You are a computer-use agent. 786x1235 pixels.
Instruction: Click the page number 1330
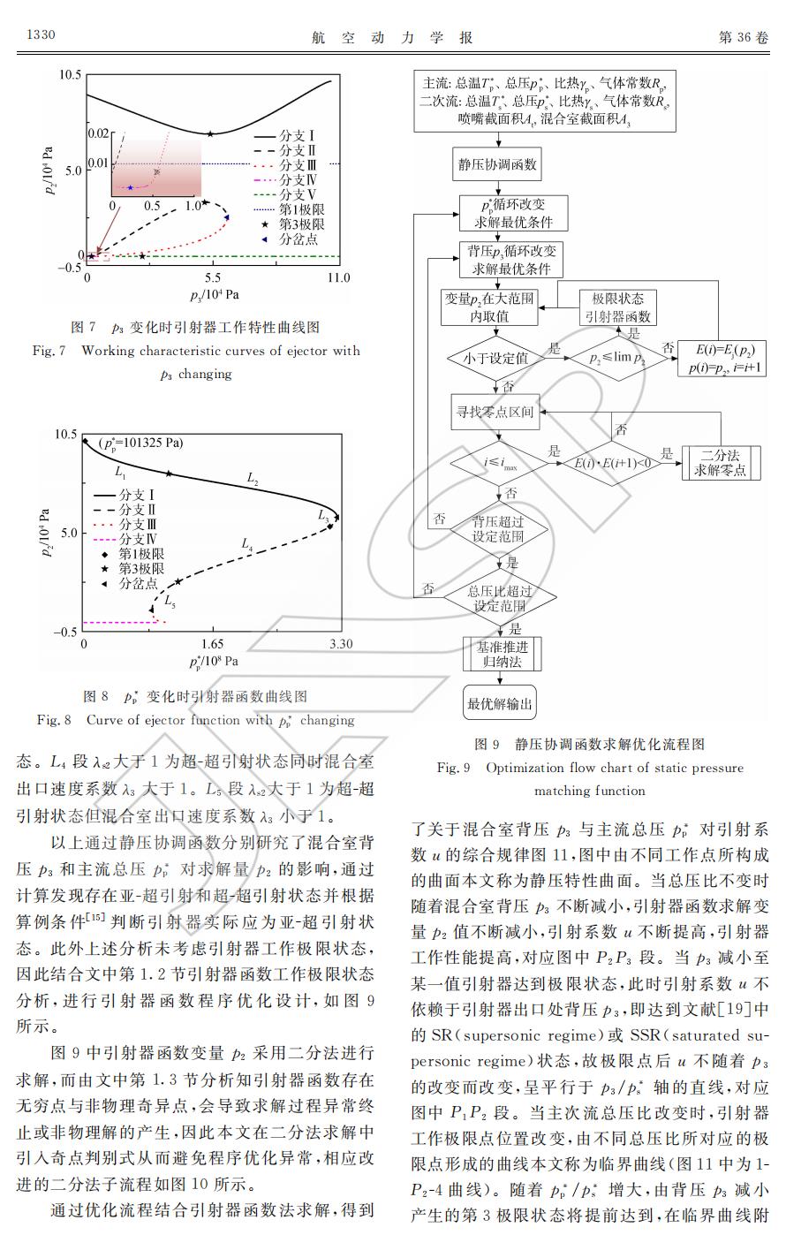tap(42, 34)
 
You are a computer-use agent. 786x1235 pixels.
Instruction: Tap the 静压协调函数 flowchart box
tap(497, 163)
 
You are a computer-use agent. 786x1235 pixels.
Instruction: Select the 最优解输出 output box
tap(499, 703)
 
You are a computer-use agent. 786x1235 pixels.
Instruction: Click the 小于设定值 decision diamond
tap(495, 359)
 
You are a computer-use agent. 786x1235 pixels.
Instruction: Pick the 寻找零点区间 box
tap(495, 412)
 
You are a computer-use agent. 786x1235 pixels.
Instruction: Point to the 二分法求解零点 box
tap(721, 463)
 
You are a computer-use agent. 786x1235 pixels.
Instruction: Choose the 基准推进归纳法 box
tap(503, 654)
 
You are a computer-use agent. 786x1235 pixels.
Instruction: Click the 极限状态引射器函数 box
tap(617, 307)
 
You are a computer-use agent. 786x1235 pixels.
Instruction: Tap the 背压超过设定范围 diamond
tap(498, 529)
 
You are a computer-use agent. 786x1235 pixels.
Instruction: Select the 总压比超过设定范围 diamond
tap(500, 598)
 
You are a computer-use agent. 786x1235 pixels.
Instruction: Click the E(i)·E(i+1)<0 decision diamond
tap(612, 463)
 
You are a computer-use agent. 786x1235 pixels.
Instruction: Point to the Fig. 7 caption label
tap(49, 351)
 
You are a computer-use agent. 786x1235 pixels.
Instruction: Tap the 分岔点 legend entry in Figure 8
tap(130, 583)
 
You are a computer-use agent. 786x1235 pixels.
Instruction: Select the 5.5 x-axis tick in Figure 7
tap(212, 278)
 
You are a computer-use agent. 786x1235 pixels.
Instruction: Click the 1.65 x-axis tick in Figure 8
tap(212, 643)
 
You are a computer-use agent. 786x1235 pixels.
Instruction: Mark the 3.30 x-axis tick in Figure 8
tap(341, 643)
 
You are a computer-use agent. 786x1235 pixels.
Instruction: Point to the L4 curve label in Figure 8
tap(247, 544)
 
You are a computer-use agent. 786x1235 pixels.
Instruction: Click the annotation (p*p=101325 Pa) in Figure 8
tap(140, 443)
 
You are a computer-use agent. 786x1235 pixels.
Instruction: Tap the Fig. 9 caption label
tap(453, 768)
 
